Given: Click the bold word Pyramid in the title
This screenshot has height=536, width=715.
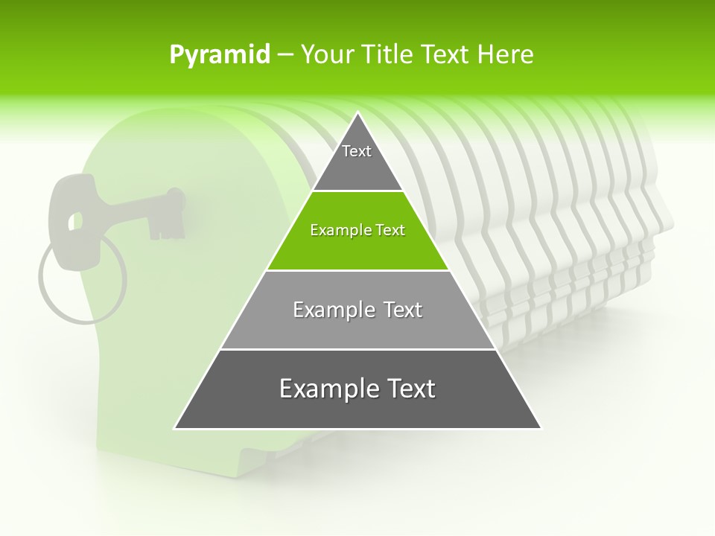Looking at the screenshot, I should pyautogui.click(x=220, y=55).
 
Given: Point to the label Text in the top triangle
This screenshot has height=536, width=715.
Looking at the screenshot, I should pyautogui.click(x=357, y=151).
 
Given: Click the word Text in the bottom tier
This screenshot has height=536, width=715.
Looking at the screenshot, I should pyautogui.click(x=411, y=389).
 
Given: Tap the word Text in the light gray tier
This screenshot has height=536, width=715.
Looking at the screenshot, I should pyautogui.click(x=402, y=310).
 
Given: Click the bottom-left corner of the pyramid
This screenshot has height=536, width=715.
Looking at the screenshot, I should pyautogui.click(x=176, y=427).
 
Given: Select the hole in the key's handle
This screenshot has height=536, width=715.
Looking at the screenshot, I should pyautogui.click(x=75, y=220).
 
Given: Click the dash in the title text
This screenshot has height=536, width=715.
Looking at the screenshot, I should pyautogui.click(x=285, y=55).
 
